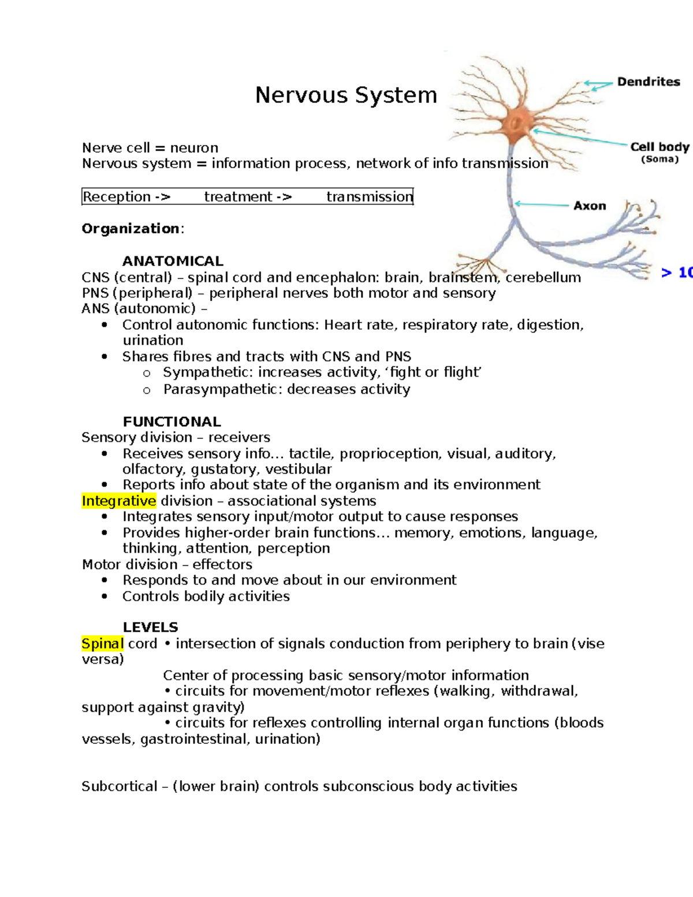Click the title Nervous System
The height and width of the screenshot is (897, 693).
coord(346,95)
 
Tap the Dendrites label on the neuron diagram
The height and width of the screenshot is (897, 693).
coord(649,82)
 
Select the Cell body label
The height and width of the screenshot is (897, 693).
coord(660,147)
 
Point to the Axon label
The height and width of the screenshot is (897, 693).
coord(590,206)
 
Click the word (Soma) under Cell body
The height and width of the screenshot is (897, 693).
coord(660,159)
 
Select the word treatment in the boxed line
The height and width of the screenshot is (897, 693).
coord(238,197)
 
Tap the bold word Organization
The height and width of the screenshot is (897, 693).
coord(131,229)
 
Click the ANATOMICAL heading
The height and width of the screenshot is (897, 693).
coord(173,261)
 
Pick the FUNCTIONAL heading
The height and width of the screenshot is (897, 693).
coord(172,422)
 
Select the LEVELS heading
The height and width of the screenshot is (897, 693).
coord(150,627)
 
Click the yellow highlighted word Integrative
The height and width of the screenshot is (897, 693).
coord(119,501)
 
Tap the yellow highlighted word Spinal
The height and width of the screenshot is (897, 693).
coord(103,643)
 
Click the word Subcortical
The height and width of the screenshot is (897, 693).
coord(119,786)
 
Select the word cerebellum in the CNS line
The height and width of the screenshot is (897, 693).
coord(543,277)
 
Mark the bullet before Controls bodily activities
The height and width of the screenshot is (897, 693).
coord(105,596)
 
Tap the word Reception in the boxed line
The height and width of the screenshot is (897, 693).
coord(117,197)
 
